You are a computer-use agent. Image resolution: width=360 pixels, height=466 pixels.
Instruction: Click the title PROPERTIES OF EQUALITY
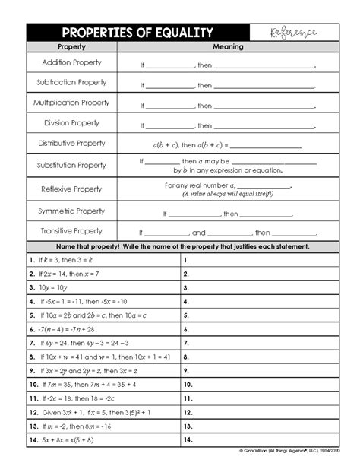pos(137,33)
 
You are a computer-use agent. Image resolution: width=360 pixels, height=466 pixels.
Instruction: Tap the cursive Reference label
pos(293,33)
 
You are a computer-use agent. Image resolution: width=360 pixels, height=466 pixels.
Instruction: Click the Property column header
pos(71,47)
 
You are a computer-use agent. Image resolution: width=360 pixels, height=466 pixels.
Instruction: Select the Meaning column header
pos(228,47)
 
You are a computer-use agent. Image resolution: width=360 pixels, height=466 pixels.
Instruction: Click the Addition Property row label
pos(71,62)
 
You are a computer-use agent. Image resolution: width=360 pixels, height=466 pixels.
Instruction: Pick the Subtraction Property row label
pos(71,82)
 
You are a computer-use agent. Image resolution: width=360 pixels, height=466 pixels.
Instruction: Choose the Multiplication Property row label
pos(71,103)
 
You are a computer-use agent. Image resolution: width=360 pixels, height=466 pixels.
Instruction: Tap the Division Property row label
pos(71,123)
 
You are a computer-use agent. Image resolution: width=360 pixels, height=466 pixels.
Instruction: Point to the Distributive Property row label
pos(71,143)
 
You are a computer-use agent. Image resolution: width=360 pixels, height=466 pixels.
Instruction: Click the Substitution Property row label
pos(71,165)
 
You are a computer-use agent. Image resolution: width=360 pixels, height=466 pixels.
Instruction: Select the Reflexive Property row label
pos(71,189)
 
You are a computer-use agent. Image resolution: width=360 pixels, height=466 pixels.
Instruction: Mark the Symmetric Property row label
pos(71,211)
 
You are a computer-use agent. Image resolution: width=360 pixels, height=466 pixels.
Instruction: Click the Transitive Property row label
pos(71,231)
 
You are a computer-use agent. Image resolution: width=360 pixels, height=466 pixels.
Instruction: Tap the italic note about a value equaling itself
pos(228,194)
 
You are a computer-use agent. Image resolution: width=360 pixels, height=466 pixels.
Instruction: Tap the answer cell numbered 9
pos(258,370)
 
